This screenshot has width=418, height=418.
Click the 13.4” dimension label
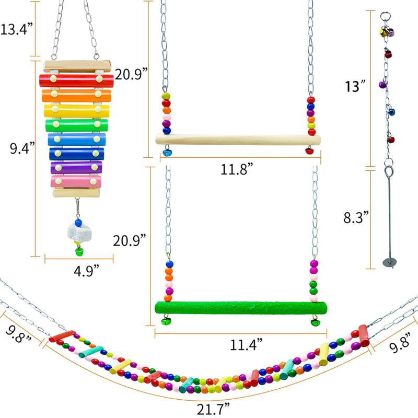pyautogui.click(x=17, y=29)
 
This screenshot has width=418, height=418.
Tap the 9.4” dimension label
pyautogui.click(x=22, y=148)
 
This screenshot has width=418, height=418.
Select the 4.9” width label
pyautogui.click(x=86, y=271)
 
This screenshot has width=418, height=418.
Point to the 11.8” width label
pyautogui.click(x=237, y=169)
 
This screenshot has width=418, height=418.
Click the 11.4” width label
pyautogui.click(x=246, y=345)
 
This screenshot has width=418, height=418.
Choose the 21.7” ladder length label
pyautogui.click(x=213, y=409)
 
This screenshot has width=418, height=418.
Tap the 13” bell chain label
pyautogui.click(x=355, y=86)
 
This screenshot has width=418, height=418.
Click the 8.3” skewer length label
pyautogui.click(x=356, y=217)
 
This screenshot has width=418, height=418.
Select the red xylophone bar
pyautogui.click(x=76, y=80)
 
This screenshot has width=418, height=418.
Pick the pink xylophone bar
pyautogui.click(x=76, y=181)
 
